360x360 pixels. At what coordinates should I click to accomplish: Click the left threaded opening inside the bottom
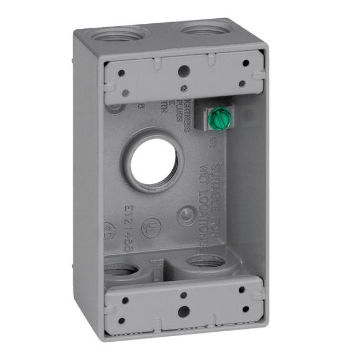[x=121, y=271]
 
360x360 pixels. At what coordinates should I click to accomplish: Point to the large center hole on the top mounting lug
[x=183, y=70]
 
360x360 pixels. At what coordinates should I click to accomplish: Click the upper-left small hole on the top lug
[x=121, y=73]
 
